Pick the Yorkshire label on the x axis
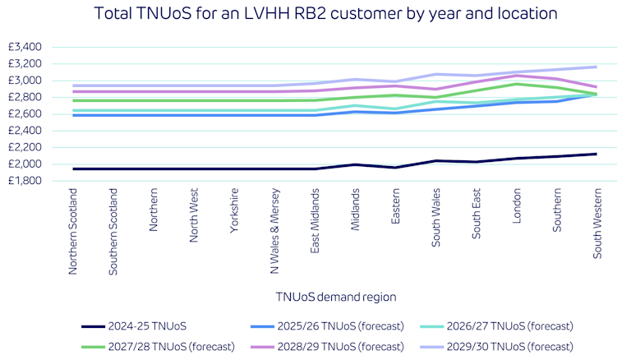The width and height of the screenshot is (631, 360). click(234, 215)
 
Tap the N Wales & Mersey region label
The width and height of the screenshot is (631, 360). click(274, 233)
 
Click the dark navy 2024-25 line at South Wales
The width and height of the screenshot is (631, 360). click(435, 160)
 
